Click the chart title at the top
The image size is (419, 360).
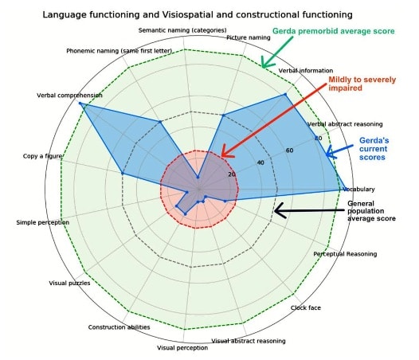pos(198,14)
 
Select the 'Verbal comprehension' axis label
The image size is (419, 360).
pos(69,96)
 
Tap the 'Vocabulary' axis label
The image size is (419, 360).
pos(359,190)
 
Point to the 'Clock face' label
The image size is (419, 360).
pos(306,308)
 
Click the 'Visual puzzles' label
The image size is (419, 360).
pos(69,283)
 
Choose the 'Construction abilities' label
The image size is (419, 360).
pos(119,327)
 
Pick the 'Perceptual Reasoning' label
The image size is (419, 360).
pos(345,254)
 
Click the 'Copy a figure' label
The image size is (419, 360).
pos(43,156)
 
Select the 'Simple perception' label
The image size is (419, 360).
pos(43,222)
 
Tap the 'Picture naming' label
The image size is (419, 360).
pos(249,37)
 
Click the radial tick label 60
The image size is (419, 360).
pos(290,151)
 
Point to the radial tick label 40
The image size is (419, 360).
pos(260,162)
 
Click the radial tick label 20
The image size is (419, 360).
pos(232,174)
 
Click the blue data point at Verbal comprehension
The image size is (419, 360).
pos(80,104)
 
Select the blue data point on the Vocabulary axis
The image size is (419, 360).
pos(345,189)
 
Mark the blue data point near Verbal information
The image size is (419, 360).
pos(285,94)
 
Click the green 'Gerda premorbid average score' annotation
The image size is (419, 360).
pos(334,31)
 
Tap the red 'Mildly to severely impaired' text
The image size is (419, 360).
pos(362,84)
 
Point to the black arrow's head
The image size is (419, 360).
pos(275,211)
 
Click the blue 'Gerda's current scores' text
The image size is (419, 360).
pos(374,149)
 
